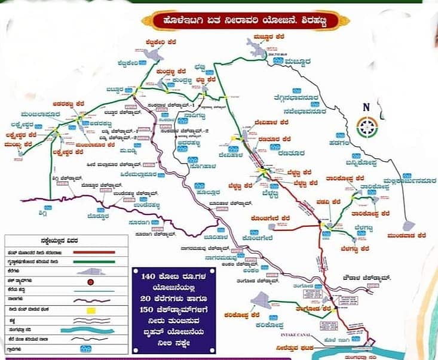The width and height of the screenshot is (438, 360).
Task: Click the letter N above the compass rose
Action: pyautogui.click(x=366, y=107)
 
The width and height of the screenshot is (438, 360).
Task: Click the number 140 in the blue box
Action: pyautogui.click(x=154, y=277)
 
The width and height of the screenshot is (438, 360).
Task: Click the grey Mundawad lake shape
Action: pyautogui.click(x=409, y=225)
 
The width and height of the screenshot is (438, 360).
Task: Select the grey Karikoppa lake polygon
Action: pyautogui.click(x=261, y=300)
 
